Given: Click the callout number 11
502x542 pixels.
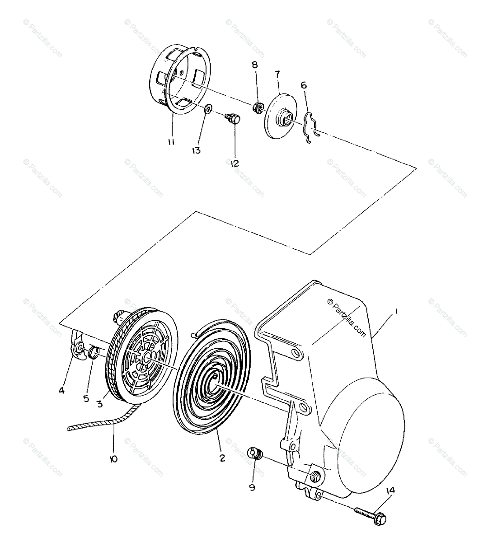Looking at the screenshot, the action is click(x=171, y=142).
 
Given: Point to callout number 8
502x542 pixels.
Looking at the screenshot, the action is click(x=255, y=65).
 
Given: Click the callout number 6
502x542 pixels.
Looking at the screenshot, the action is click(x=304, y=84).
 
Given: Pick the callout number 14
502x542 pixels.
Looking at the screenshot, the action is click(x=391, y=491).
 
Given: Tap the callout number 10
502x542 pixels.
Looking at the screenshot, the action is click(x=113, y=458).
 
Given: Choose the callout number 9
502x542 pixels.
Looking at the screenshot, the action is click(x=253, y=487).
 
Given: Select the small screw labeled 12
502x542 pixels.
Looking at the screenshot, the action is click(x=232, y=118).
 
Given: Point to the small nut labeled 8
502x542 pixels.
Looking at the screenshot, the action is click(x=257, y=107).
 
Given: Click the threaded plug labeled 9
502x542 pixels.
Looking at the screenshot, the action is click(x=255, y=453).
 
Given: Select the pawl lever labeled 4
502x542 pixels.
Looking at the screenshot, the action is click(x=77, y=347).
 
